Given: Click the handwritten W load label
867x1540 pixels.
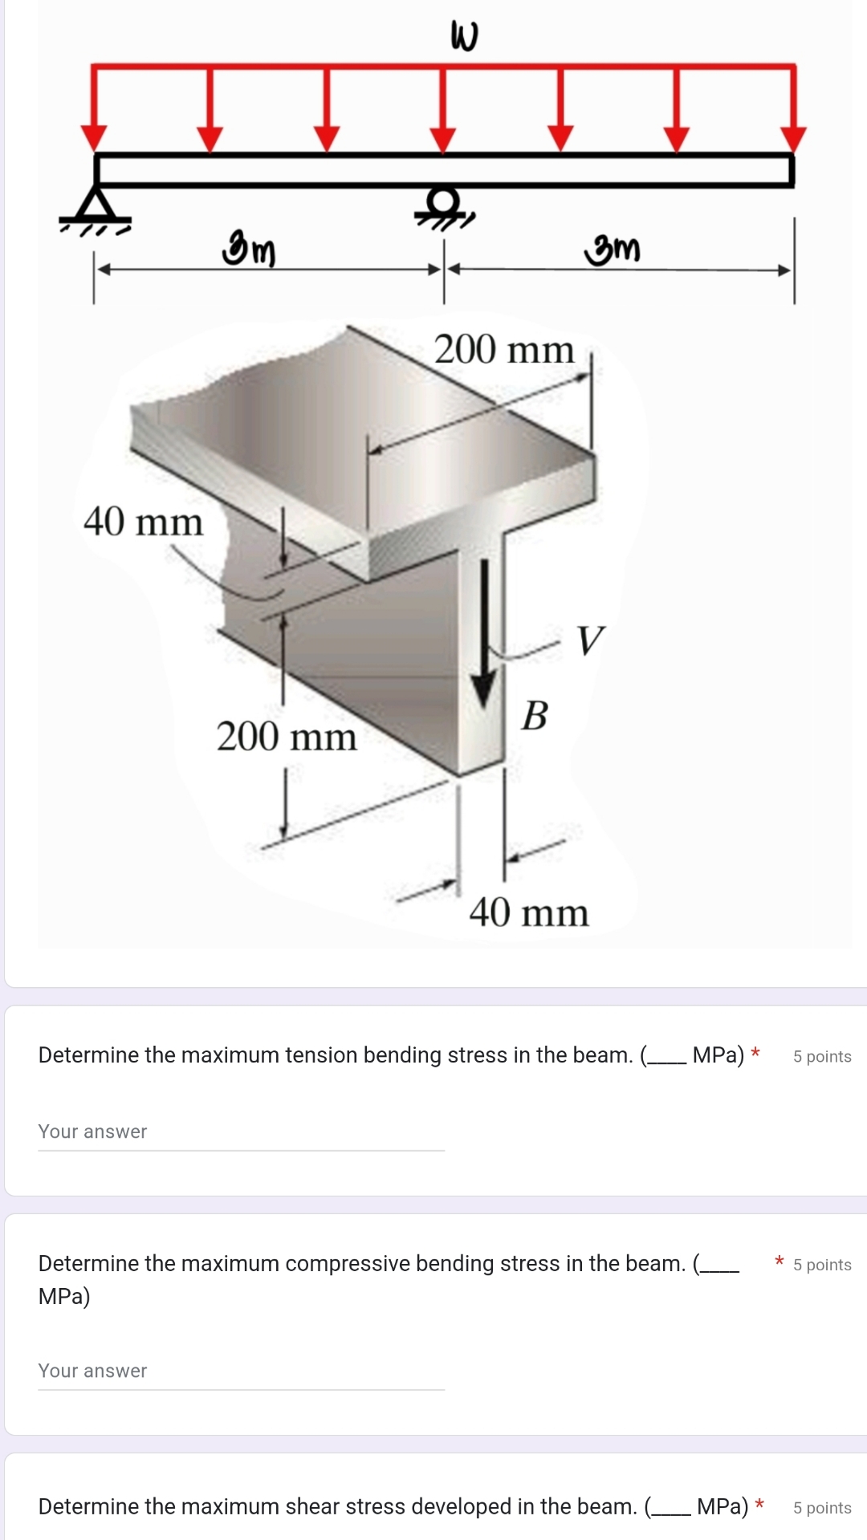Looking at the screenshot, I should tap(465, 36).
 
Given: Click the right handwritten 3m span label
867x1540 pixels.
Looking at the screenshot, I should tap(613, 249).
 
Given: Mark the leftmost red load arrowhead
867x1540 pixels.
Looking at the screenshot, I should tap(95, 137).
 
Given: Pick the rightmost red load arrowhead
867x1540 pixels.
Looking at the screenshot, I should tap(793, 137).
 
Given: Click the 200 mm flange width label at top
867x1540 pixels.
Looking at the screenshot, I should tap(504, 350).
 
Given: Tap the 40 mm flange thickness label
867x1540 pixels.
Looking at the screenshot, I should tap(143, 522).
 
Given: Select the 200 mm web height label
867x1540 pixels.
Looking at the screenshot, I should tap(287, 737).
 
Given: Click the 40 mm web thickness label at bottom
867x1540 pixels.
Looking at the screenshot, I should tap(529, 912).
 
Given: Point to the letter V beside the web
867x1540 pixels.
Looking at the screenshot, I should tap(590, 640).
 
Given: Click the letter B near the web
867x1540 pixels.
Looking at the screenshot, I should tap(535, 715).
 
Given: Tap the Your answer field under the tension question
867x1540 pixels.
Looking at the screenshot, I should tap(241, 1132).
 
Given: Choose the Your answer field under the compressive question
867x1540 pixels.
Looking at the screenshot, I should tap(241, 1371).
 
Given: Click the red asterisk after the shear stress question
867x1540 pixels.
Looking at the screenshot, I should tap(759, 1505).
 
